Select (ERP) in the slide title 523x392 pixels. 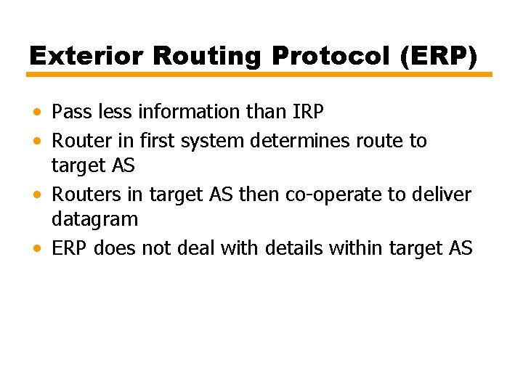(438, 55)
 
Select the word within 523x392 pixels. (357, 248)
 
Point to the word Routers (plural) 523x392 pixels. (81, 195)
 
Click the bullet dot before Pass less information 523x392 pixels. (36, 113)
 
